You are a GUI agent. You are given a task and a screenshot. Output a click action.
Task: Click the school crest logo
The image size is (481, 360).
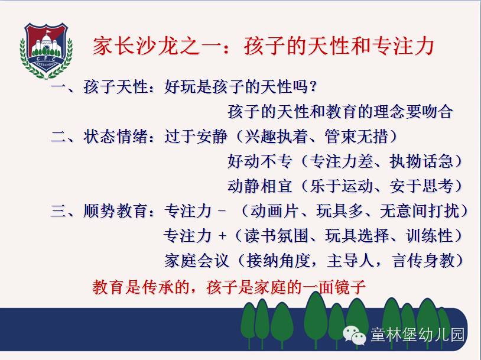click(x=46, y=51)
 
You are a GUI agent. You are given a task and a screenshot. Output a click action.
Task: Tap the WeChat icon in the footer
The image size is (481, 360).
click(x=355, y=335)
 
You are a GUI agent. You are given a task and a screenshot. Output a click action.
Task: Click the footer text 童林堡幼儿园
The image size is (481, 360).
click(x=417, y=334)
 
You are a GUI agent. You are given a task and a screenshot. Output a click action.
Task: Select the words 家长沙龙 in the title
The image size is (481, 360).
click(x=135, y=46)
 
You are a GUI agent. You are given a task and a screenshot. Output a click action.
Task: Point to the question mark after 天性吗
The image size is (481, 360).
click(x=313, y=86)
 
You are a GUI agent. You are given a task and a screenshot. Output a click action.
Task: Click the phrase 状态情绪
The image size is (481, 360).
click(x=115, y=137)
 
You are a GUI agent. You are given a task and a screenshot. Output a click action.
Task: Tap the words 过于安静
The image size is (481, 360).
click(x=196, y=137)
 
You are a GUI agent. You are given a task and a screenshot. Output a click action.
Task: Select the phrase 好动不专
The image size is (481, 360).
click(x=259, y=161)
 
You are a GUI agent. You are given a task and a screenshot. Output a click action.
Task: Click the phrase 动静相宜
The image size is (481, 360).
click(x=259, y=186)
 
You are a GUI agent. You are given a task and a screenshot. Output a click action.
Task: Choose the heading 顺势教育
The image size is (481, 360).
click(x=115, y=211)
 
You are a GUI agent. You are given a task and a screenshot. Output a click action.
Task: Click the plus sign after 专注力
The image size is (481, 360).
click(x=222, y=236)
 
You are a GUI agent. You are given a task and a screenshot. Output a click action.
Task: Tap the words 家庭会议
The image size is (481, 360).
click(x=196, y=261)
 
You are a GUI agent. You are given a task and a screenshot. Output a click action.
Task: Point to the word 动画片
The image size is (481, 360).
click(x=274, y=211)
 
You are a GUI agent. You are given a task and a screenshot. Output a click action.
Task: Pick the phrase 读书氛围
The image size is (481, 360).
click(x=276, y=236)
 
